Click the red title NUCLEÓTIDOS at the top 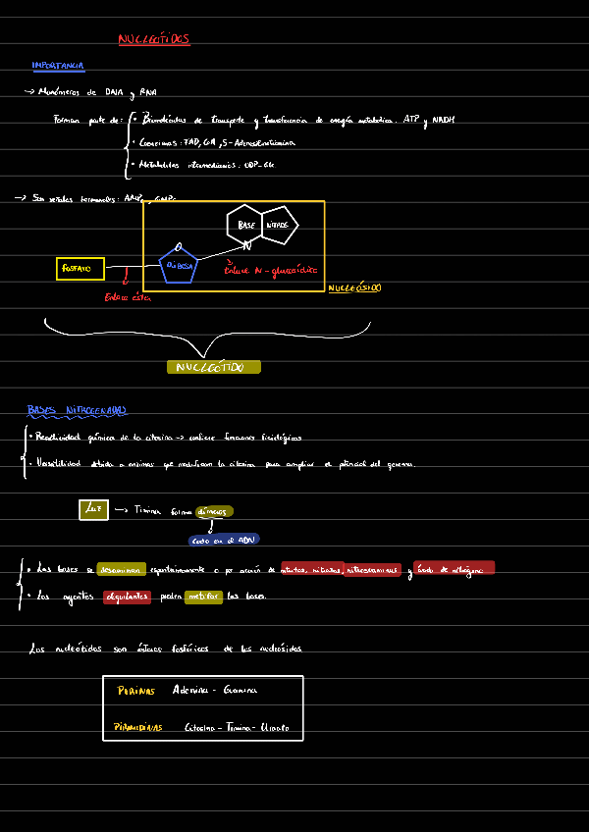tap(153, 40)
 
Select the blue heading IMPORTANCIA tap(58, 66)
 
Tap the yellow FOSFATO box tap(80, 268)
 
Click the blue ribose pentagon tap(178, 265)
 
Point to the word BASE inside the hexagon tap(246, 225)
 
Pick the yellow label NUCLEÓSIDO tap(354, 288)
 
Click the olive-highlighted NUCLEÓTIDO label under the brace tap(214, 367)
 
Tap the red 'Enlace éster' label tap(127, 298)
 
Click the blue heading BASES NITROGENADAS tap(77, 410)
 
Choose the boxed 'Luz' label tap(93, 510)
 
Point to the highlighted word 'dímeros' tap(214, 511)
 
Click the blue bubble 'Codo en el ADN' tap(224, 540)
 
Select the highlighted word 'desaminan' tap(121, 569)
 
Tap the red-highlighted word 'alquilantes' tap(127, 597)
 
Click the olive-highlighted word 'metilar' tap(203, 597)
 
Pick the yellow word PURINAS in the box tap(135, 691)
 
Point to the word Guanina tap(240, 690)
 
